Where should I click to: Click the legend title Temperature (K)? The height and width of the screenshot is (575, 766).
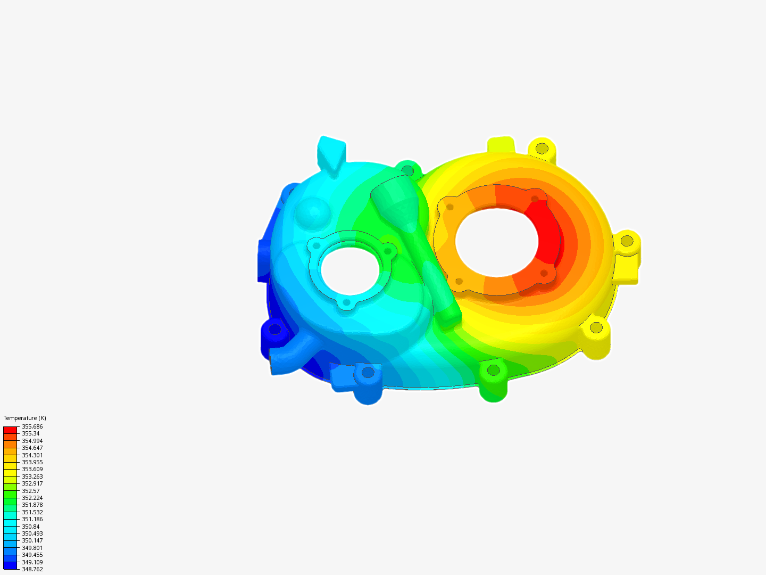pyautogui.click(x=24, y=418)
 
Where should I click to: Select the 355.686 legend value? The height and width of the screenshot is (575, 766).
pyautogui.click(x=32, y=426)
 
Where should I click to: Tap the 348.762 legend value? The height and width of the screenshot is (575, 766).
pyautogui.click(x=32, y=569)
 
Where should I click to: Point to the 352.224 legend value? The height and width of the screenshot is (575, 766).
pyautogui.click(x=32, y=498)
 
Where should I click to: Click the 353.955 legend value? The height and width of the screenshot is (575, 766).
pyautogui.click(x=32, y=462)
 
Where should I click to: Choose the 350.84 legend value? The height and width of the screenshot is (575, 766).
pyautogui.click(x=30, y=527)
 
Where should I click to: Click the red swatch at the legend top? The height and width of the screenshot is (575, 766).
pyautogui.click(x=10, y=430)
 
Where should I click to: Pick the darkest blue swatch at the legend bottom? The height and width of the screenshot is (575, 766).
pyautogui.click(x=10, y=565)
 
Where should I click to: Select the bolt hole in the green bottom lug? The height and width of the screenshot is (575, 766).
pyautogui.click(x=493, y=369)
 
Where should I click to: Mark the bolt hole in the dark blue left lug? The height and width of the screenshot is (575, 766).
pyautogui.click(x=274, y=329)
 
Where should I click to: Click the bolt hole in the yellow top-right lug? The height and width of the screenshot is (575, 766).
pyautogui.click(x=542, y=149)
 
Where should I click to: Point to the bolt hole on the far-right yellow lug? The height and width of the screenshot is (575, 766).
pyautogui.click(x=627, y=241)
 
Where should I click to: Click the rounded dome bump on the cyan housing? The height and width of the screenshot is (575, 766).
pyautogui.click(x=313, y=212)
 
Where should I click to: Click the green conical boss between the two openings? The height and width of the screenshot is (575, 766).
pyautogui.click(x=394, y=200)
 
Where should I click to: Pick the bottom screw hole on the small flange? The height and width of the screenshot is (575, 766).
pyautogui.click(x=347, y=302)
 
